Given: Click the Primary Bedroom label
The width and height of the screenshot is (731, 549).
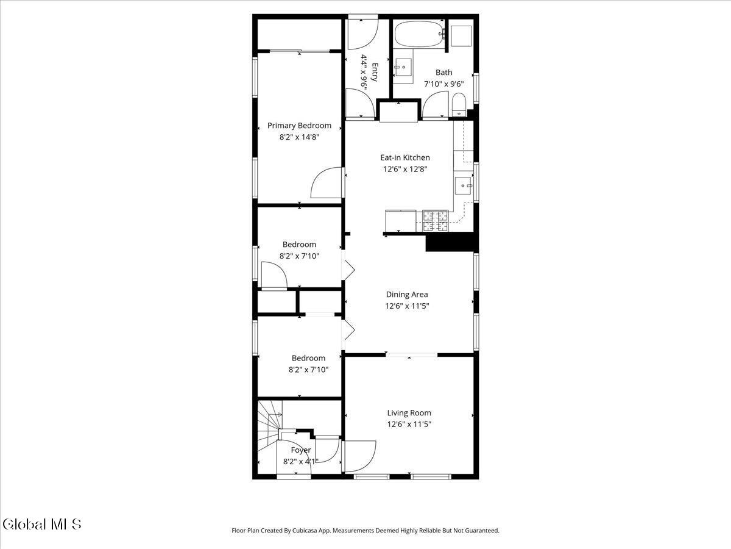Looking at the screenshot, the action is pos(299,126).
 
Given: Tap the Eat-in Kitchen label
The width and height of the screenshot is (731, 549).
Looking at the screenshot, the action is pos(405,157).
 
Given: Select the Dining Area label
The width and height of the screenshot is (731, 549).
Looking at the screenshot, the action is pos(407,295).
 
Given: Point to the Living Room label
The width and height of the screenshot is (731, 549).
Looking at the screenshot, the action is pos(409,413).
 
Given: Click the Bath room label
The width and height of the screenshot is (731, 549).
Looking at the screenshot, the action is pos(443,73).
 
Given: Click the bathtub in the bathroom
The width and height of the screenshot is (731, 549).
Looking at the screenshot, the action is pos(420,34).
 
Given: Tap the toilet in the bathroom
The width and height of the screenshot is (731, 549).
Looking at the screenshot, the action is pos(459,105).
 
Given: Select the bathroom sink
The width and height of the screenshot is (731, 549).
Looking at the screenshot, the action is pos(403,66).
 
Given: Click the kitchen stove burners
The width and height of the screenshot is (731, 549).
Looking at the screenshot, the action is pos(436,221).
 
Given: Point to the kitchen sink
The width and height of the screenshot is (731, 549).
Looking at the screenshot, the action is pos(463,185).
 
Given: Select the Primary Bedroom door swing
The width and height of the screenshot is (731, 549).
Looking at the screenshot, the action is pos(326,182).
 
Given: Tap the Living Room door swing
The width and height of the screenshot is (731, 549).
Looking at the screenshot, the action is pos(361,457).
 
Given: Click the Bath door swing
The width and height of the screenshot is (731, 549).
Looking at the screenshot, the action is pos(435,104).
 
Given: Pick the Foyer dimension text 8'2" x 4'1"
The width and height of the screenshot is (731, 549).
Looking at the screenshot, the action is pos(300,462).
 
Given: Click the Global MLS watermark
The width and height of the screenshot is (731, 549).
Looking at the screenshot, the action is pos(42,525).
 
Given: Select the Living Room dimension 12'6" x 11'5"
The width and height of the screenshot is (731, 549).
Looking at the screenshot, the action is pos(409,425).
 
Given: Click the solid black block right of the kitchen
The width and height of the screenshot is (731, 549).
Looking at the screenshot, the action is pos(452,242).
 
